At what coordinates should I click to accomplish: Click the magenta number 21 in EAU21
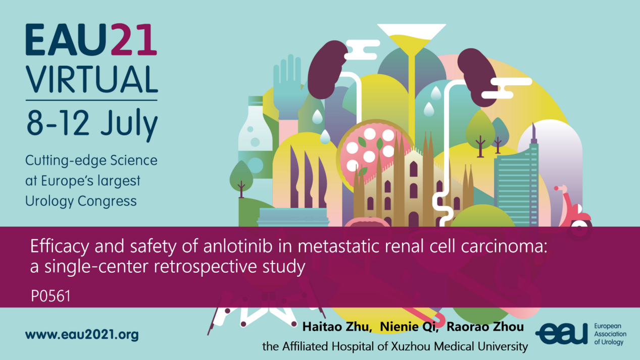click(134, 39)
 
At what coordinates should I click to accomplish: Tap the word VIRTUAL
click(92, 79)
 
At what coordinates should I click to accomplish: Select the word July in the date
click(129, 124)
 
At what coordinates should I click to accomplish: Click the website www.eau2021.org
click(82, 335)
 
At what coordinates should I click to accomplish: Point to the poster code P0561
click(51, 296)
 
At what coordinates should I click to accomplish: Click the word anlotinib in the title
click(238, 246)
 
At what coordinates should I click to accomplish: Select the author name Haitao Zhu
click(337, 327)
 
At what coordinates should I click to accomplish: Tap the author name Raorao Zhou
click(485, 327)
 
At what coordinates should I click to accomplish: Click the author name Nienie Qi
click(409, 327)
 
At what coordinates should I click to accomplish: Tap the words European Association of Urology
click(610, 334)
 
